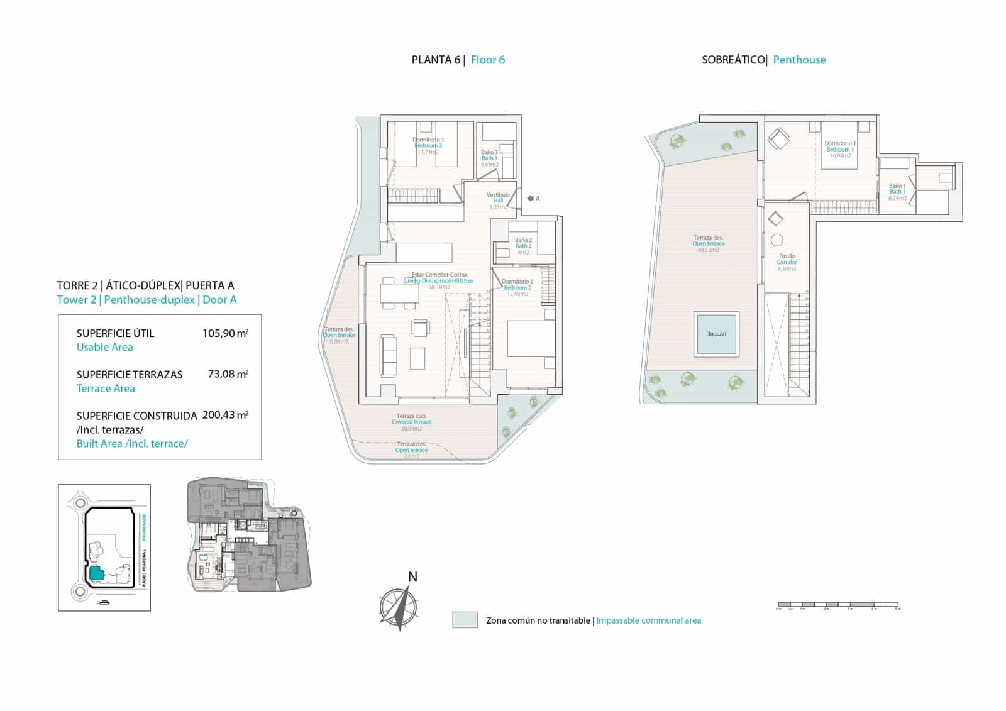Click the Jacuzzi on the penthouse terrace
coord(716,334)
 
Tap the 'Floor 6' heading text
coord(487,60)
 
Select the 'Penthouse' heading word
coord(799,60)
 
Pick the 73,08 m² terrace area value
coord(228,374)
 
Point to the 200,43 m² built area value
coord(225,416)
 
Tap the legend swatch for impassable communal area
coord(465,620)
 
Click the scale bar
coord(838,605)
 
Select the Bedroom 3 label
coord(428,145)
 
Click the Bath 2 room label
coord(523,246)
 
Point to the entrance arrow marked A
coord(532,199)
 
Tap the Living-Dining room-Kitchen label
coord(439,280)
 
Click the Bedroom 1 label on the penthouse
coord(840,150)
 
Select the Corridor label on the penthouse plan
coord(787,262)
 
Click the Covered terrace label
coord(411,422)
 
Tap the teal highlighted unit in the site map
coord(96,573)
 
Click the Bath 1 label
coord(897,191)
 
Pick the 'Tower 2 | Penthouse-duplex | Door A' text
coord(146,300)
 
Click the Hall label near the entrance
coord(498,201)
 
